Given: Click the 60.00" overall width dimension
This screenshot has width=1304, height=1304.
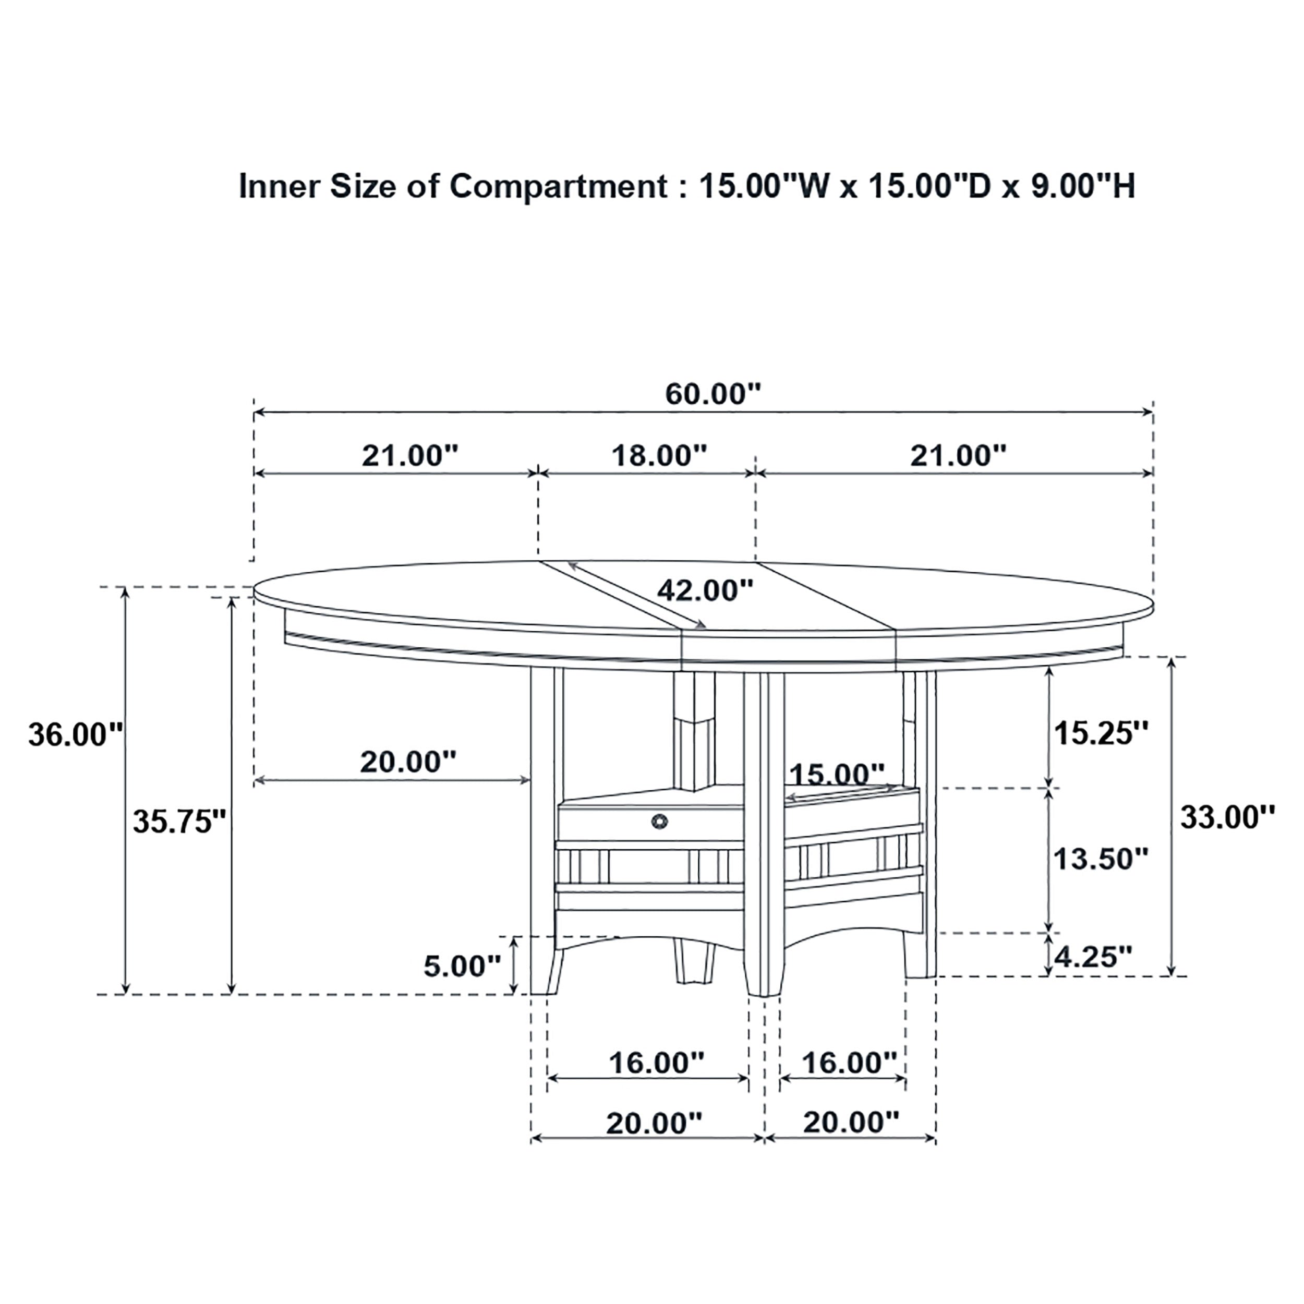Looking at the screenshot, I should click(x=713, y=394).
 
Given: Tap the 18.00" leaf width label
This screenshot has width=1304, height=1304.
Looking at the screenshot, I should click(x=659, y=456).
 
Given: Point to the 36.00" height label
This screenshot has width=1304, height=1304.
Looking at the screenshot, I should click(x=76, y=735).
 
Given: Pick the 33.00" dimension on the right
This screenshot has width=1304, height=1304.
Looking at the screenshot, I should click(x=1227, y=818).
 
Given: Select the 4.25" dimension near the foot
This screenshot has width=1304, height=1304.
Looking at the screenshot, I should click(x=1092, y=957).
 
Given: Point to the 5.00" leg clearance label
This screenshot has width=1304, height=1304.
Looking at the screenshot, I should click(x=462, y=967).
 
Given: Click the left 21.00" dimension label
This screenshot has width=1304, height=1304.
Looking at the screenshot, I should click(x=409, y=456).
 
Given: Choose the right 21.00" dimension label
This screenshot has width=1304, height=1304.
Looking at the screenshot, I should click(x=958, y=456).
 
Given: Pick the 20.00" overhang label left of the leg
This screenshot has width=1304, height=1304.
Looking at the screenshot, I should click(x=408, y=763).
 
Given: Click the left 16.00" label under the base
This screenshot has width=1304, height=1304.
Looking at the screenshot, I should click(x=656, y=1063).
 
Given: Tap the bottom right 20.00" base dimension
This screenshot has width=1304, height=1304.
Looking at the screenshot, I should click(x=851, y=1122).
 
